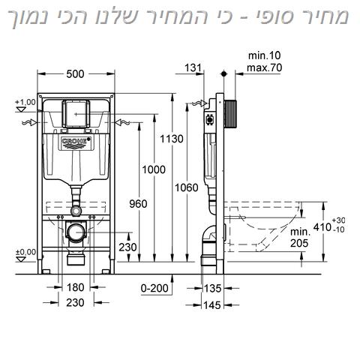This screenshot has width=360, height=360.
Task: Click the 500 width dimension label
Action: pos(75,74)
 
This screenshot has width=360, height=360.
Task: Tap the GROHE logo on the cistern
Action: pos(75,142)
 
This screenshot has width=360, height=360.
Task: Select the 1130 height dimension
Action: pos(172,139)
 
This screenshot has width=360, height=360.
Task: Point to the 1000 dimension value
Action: pos(154,169)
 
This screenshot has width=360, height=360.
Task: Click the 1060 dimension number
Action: pos(187,187)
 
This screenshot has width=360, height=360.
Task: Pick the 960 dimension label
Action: pos(138,204)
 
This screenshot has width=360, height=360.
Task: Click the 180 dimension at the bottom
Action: pos(75,287)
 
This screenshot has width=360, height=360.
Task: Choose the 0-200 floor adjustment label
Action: pos(154,288)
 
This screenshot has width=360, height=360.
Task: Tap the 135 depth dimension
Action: pos(213,288)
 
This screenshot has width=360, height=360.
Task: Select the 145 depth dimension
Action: pos(212,305)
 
